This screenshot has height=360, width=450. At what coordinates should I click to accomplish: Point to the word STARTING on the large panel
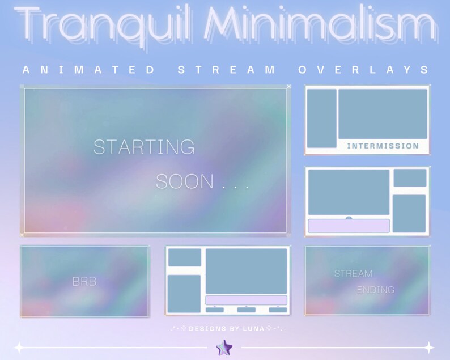click(144, 147)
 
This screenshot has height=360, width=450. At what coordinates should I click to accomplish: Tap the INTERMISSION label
click(383, 146)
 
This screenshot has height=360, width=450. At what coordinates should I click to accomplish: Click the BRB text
click(84, 282)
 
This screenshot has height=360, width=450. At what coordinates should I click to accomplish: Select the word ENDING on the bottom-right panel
click(376, 290)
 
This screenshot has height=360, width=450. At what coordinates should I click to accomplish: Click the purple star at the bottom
click(224, 348)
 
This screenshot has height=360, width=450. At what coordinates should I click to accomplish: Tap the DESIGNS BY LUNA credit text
click(226, 329)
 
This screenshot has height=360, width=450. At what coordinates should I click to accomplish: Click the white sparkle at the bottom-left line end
click(19, 348)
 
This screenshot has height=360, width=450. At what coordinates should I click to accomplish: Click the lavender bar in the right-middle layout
click(349, 226)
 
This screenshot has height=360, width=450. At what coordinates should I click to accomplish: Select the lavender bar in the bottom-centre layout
click(246, 300)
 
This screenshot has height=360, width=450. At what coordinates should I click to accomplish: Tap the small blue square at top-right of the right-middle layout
click(410, 177)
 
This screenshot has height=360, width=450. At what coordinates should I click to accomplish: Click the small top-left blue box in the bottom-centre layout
click(184, 257)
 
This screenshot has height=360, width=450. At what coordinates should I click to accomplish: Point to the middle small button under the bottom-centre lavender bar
click(246, 310)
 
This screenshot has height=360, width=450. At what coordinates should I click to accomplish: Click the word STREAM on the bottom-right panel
click(353, 274)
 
